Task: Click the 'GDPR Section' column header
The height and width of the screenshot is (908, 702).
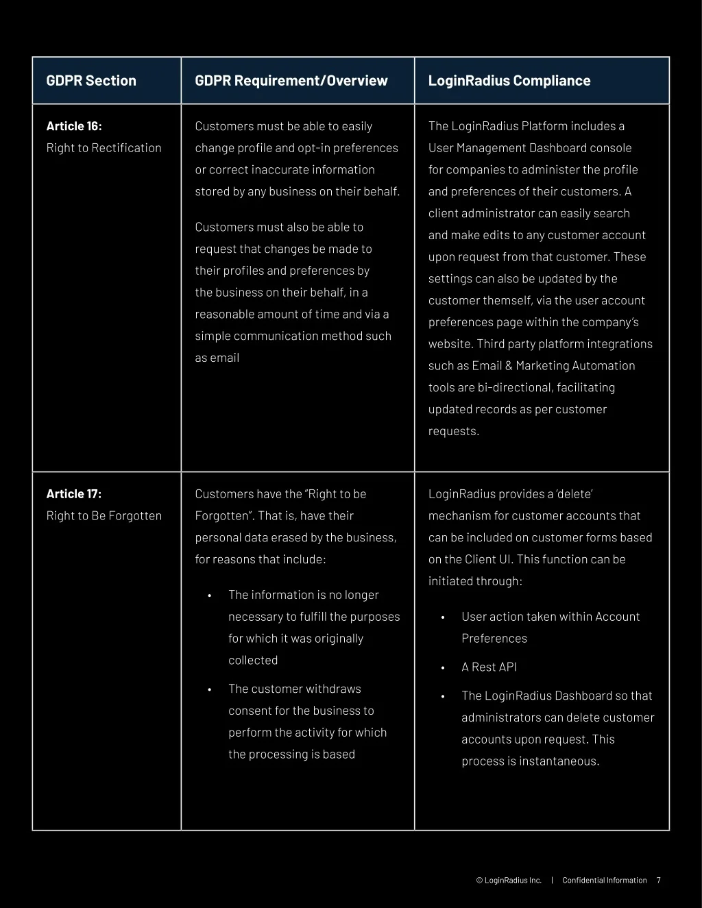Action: [x=91, y=81]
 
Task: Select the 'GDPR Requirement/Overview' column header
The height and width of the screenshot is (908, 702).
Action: [x=291, y=81]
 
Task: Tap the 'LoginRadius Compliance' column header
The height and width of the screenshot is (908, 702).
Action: [x=509, y=81]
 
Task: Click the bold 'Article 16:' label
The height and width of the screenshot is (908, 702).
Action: [x=74, y=126]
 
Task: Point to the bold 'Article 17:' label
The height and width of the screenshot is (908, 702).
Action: [x=74, y=494]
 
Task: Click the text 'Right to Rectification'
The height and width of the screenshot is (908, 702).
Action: [x=104, y=148]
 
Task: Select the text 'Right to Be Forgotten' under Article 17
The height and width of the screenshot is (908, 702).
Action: [x=104, y=516]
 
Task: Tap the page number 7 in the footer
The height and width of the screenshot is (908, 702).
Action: [x=659, y=881]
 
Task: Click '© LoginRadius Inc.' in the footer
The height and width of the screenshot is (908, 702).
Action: [x=509, y=881]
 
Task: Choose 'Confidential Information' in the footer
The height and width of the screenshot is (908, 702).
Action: [x=604, y=881]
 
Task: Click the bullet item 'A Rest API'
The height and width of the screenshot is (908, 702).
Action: [x=489, y=667]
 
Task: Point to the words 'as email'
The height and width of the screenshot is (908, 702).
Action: [x=217, y=358]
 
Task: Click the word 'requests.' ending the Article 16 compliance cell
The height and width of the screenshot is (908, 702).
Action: [x=454, y=431]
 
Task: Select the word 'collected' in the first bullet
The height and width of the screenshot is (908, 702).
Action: [x=253, y=661]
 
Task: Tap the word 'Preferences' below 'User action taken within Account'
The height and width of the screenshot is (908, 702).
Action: [x=494, y=639]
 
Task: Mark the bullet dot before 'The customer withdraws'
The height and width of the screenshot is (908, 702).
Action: [x=209, y=690]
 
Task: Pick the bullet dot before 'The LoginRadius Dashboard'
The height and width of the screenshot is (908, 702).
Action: [x=443, y=697]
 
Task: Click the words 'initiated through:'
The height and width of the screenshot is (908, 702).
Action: [x=475, y=581]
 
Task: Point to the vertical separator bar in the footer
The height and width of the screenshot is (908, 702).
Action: [x=552, y=881]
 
